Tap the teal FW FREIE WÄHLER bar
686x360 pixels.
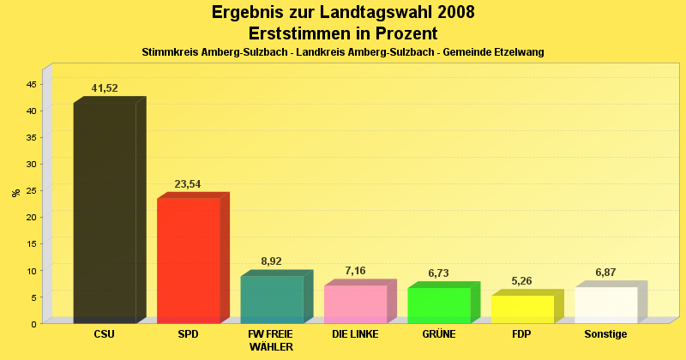click(x=272, y=299)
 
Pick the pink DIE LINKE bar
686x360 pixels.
click(x=355, y=304)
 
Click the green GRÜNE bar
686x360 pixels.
click(x=438, y=305)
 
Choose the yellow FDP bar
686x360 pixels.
click(x=522, y=309)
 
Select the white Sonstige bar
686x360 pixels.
click(x=605, y=305)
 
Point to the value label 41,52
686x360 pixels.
click(x=105, y=88)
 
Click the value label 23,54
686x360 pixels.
click(x=188, y=184)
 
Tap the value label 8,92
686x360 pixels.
click(x=272, y=261)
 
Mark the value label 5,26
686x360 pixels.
click(x=522, y=281)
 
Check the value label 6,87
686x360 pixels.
click(x=606, y=273)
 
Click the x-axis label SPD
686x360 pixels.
click(x=188, y=334)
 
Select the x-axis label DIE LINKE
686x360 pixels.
click(x=355, y=334)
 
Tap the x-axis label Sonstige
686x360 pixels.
click(x=605, y=334)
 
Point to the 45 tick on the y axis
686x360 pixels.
click(x=32, y=84)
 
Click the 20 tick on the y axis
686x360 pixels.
click(x=32, y=217)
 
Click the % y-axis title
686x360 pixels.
click(x=15, y=193)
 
